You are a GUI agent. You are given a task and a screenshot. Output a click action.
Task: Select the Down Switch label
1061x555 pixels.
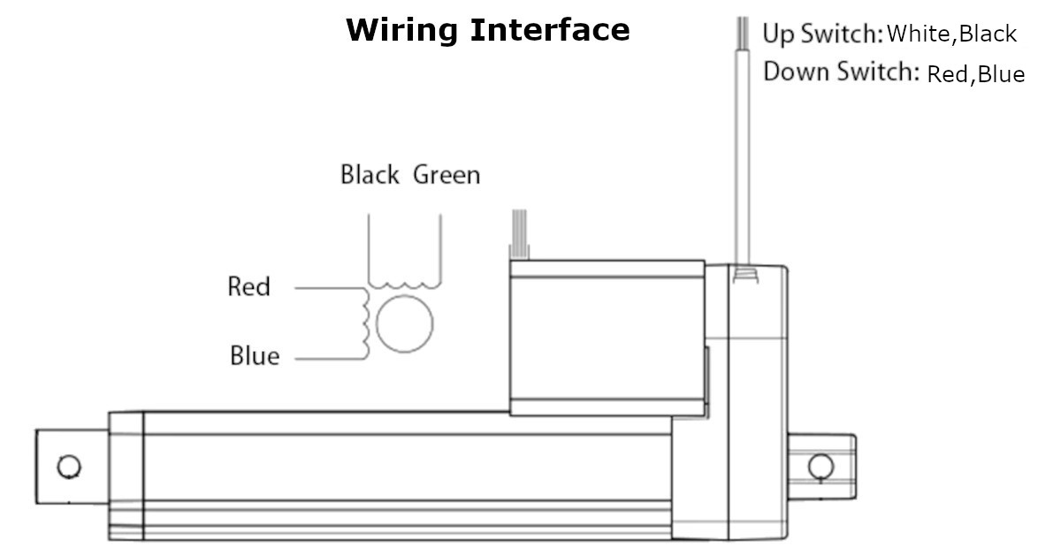tap(841, 72)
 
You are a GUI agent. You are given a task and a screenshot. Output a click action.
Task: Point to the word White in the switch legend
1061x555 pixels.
tap(920, 34)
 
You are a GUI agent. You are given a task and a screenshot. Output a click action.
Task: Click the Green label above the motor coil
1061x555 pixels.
tap(447, 175)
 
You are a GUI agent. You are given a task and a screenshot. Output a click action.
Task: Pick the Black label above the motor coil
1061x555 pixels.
tap(370, 175)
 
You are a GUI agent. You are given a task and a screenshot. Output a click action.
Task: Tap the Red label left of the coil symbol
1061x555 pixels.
tap(248, 287)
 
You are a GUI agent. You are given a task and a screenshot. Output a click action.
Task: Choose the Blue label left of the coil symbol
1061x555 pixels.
tap(254, 356)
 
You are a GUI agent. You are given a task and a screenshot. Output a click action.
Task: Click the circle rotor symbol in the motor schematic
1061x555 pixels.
tap(405, 323)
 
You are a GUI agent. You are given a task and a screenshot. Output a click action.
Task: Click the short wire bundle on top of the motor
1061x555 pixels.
tap(519, 234)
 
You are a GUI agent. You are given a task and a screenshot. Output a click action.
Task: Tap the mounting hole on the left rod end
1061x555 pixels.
tap(68, 466)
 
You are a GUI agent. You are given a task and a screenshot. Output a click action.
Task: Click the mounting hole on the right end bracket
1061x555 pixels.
tap(820, 465)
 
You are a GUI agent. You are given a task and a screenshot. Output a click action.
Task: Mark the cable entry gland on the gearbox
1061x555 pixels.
tap(744, 273)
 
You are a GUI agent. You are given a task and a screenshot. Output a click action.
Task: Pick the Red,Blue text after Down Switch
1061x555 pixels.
tap(975, 74)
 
